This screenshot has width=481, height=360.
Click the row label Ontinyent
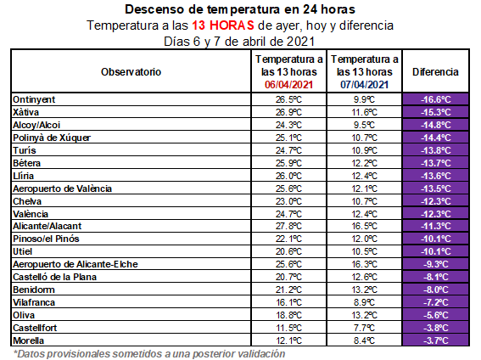[35, 99]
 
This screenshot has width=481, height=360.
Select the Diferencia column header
[435, 71]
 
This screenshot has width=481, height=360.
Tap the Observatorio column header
[131, 71]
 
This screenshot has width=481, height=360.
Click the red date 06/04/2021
[290, 84]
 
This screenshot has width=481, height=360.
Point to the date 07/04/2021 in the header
[364, 84]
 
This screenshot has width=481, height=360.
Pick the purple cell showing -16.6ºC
[435, 99]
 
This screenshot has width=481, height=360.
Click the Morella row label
[30, 340]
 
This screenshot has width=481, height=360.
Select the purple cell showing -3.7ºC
[435, 340]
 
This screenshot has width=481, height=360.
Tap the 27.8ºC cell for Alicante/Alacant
[290, 226]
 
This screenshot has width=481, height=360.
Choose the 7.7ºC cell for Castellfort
[364, 328]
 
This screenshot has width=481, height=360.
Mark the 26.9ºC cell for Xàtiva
[290, 112]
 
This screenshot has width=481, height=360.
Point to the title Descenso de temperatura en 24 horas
[240, 9]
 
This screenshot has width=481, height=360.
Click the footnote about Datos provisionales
[148, 352]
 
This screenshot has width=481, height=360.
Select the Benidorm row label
[34, 290]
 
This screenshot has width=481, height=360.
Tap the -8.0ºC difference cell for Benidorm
[435, 290]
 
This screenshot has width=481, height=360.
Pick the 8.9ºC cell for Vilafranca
[364, 302]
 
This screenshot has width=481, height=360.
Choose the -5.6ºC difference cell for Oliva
[435, 315]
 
